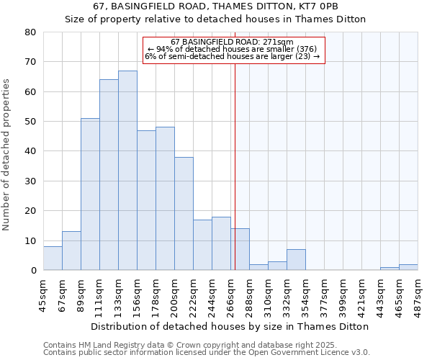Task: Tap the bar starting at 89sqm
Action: coord(90,194)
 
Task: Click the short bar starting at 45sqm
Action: coord(53,258)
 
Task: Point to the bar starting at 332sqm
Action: coord(296,260)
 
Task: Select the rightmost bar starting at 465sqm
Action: coord(408,267)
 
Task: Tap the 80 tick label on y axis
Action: coord(30,32)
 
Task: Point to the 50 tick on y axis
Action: coord(30,122)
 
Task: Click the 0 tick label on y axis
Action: coord(33,271)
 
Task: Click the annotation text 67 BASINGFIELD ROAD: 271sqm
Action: coord(233,42)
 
